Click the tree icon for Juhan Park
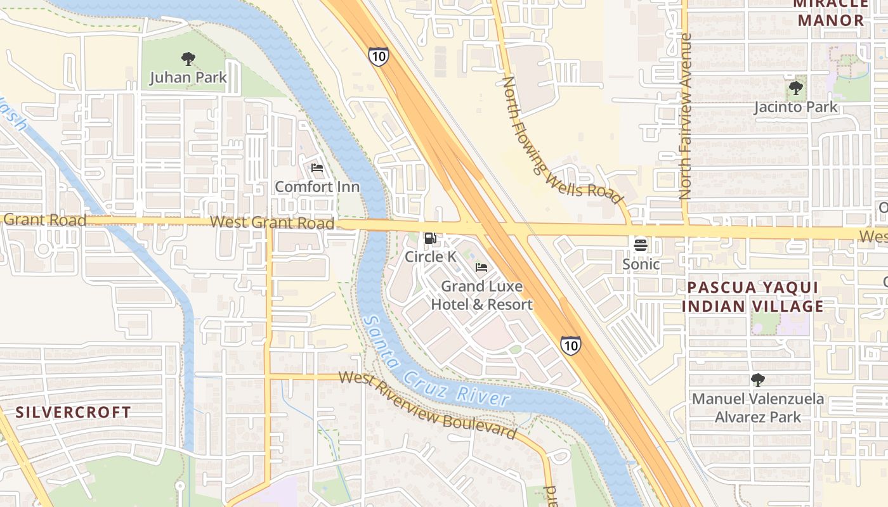(x=188, y=60)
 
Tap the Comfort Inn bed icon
(x=317, y=168)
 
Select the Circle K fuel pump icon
(x=430, y=238)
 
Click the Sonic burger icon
(x=641, y=245)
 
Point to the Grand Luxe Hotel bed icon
(x=481, y=267)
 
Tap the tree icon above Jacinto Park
(x=795, y=88)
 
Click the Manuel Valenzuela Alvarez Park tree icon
(x=757, y=380)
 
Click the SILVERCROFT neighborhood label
(x=74, y=412)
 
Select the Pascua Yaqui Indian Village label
(x=755, y=297)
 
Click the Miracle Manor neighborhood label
(x=831, y=13)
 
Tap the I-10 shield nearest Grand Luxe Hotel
(x=570, y=345)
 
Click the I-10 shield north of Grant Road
(x=378, y=56)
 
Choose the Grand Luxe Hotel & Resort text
(x=482, y=295)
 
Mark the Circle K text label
(x=431, y=257)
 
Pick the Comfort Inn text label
(x=317, y=187)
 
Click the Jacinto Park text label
(x=795, y=107)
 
